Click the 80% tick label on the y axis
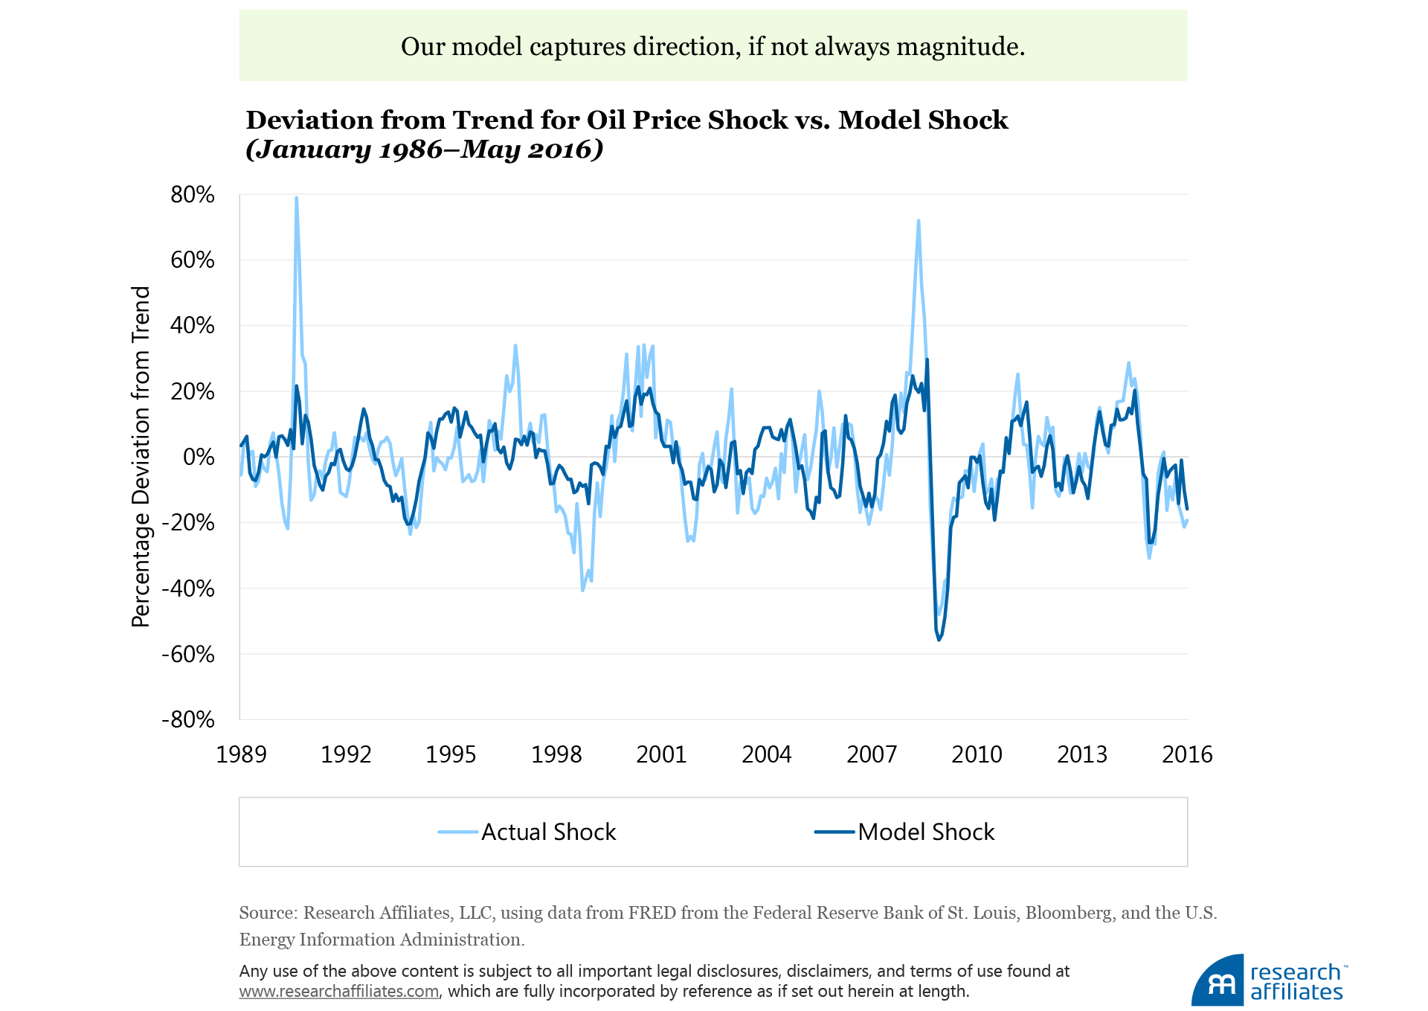coord(193,195)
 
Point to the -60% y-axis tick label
coord(188,655)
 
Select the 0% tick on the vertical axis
coord(199,457)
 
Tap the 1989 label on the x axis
coord(241,754)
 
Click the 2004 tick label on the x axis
coord(766,754)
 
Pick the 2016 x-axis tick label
coord(1187,754)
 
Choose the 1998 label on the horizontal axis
coord(556,754)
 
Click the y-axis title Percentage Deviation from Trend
coord(141,457)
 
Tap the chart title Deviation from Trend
coord(626,120)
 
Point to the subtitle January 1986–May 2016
coord(424,150)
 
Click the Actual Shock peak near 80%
coord(296,199)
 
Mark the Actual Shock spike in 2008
coord(919,221)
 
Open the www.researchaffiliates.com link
coord(339,992)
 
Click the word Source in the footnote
coord(267,913)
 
